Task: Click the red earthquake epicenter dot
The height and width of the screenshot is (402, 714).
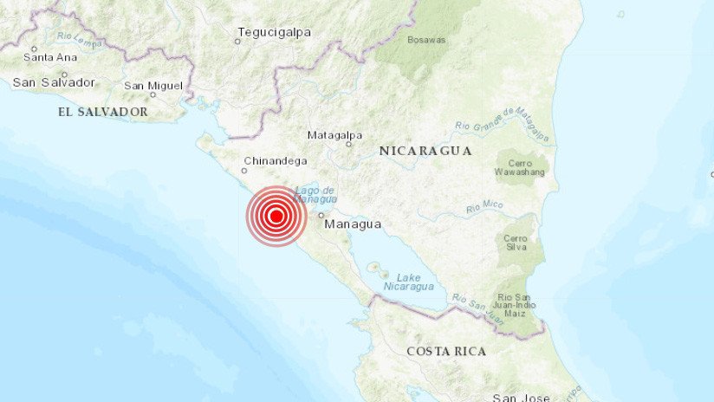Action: (x=276, y=217)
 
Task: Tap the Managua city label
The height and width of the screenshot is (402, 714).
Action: (x=353, y=224)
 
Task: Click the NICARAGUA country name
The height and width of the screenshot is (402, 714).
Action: (x=425, y=150)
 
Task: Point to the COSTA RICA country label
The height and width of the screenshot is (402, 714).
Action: (x=446, y=351)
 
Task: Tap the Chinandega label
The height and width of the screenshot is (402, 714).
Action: (x=276, y=160)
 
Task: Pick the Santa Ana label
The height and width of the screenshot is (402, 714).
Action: (x=50, y=58)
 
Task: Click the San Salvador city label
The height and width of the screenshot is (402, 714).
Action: (x=54, y=82)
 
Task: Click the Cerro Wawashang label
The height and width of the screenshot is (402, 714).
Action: (x=522, y=167)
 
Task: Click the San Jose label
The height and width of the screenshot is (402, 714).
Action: (x=521, y=397)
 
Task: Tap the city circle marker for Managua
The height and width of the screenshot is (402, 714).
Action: (x=321, y=215)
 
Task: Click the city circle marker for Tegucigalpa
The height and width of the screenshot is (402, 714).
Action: (x=238, y=41)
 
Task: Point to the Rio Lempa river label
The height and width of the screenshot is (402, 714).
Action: (x=80, y=39)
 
